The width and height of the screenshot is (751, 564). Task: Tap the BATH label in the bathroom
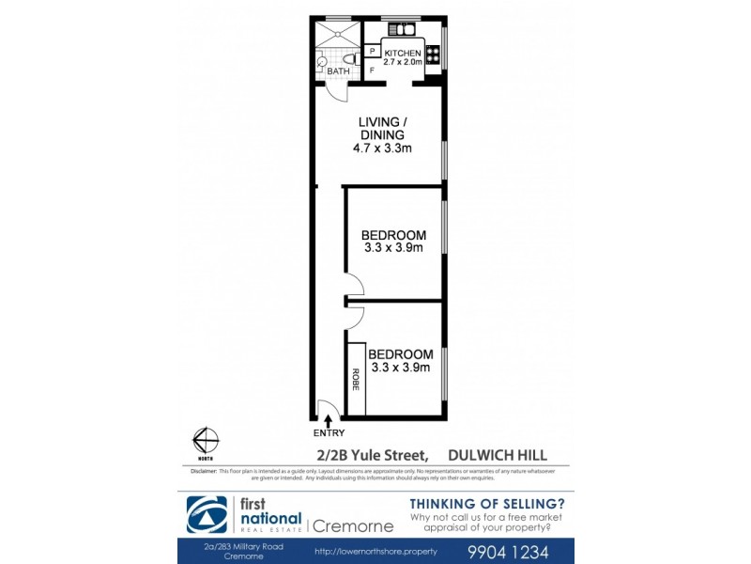tap(339, 70)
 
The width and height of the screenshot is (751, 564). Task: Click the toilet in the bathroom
tap(323, 66)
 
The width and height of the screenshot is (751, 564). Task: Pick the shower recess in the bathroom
tap(335, 35)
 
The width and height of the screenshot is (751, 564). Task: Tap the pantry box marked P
tap(373, 52)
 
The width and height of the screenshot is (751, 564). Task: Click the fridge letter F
tap(373, 70)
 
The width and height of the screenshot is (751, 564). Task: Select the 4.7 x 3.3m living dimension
tap(383, 149)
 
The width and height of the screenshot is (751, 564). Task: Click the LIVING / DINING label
tap(383, 129)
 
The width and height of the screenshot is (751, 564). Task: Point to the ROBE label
tap(356, 379)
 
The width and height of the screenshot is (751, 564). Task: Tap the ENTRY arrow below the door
tap(328, 420)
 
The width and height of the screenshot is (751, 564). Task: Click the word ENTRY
tap(328, 433)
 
